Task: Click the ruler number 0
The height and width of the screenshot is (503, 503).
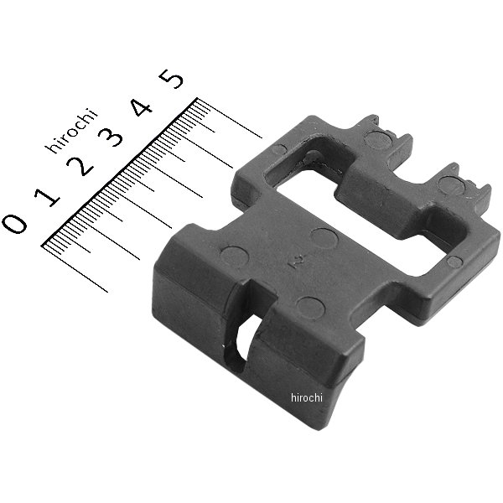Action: coord(14,223)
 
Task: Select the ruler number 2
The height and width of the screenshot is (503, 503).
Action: coord(80,166)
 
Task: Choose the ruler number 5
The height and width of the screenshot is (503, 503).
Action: coord(172,80)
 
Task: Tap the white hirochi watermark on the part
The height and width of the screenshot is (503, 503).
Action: coord(306,397)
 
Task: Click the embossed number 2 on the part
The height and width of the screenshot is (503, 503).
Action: coord(293,264)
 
